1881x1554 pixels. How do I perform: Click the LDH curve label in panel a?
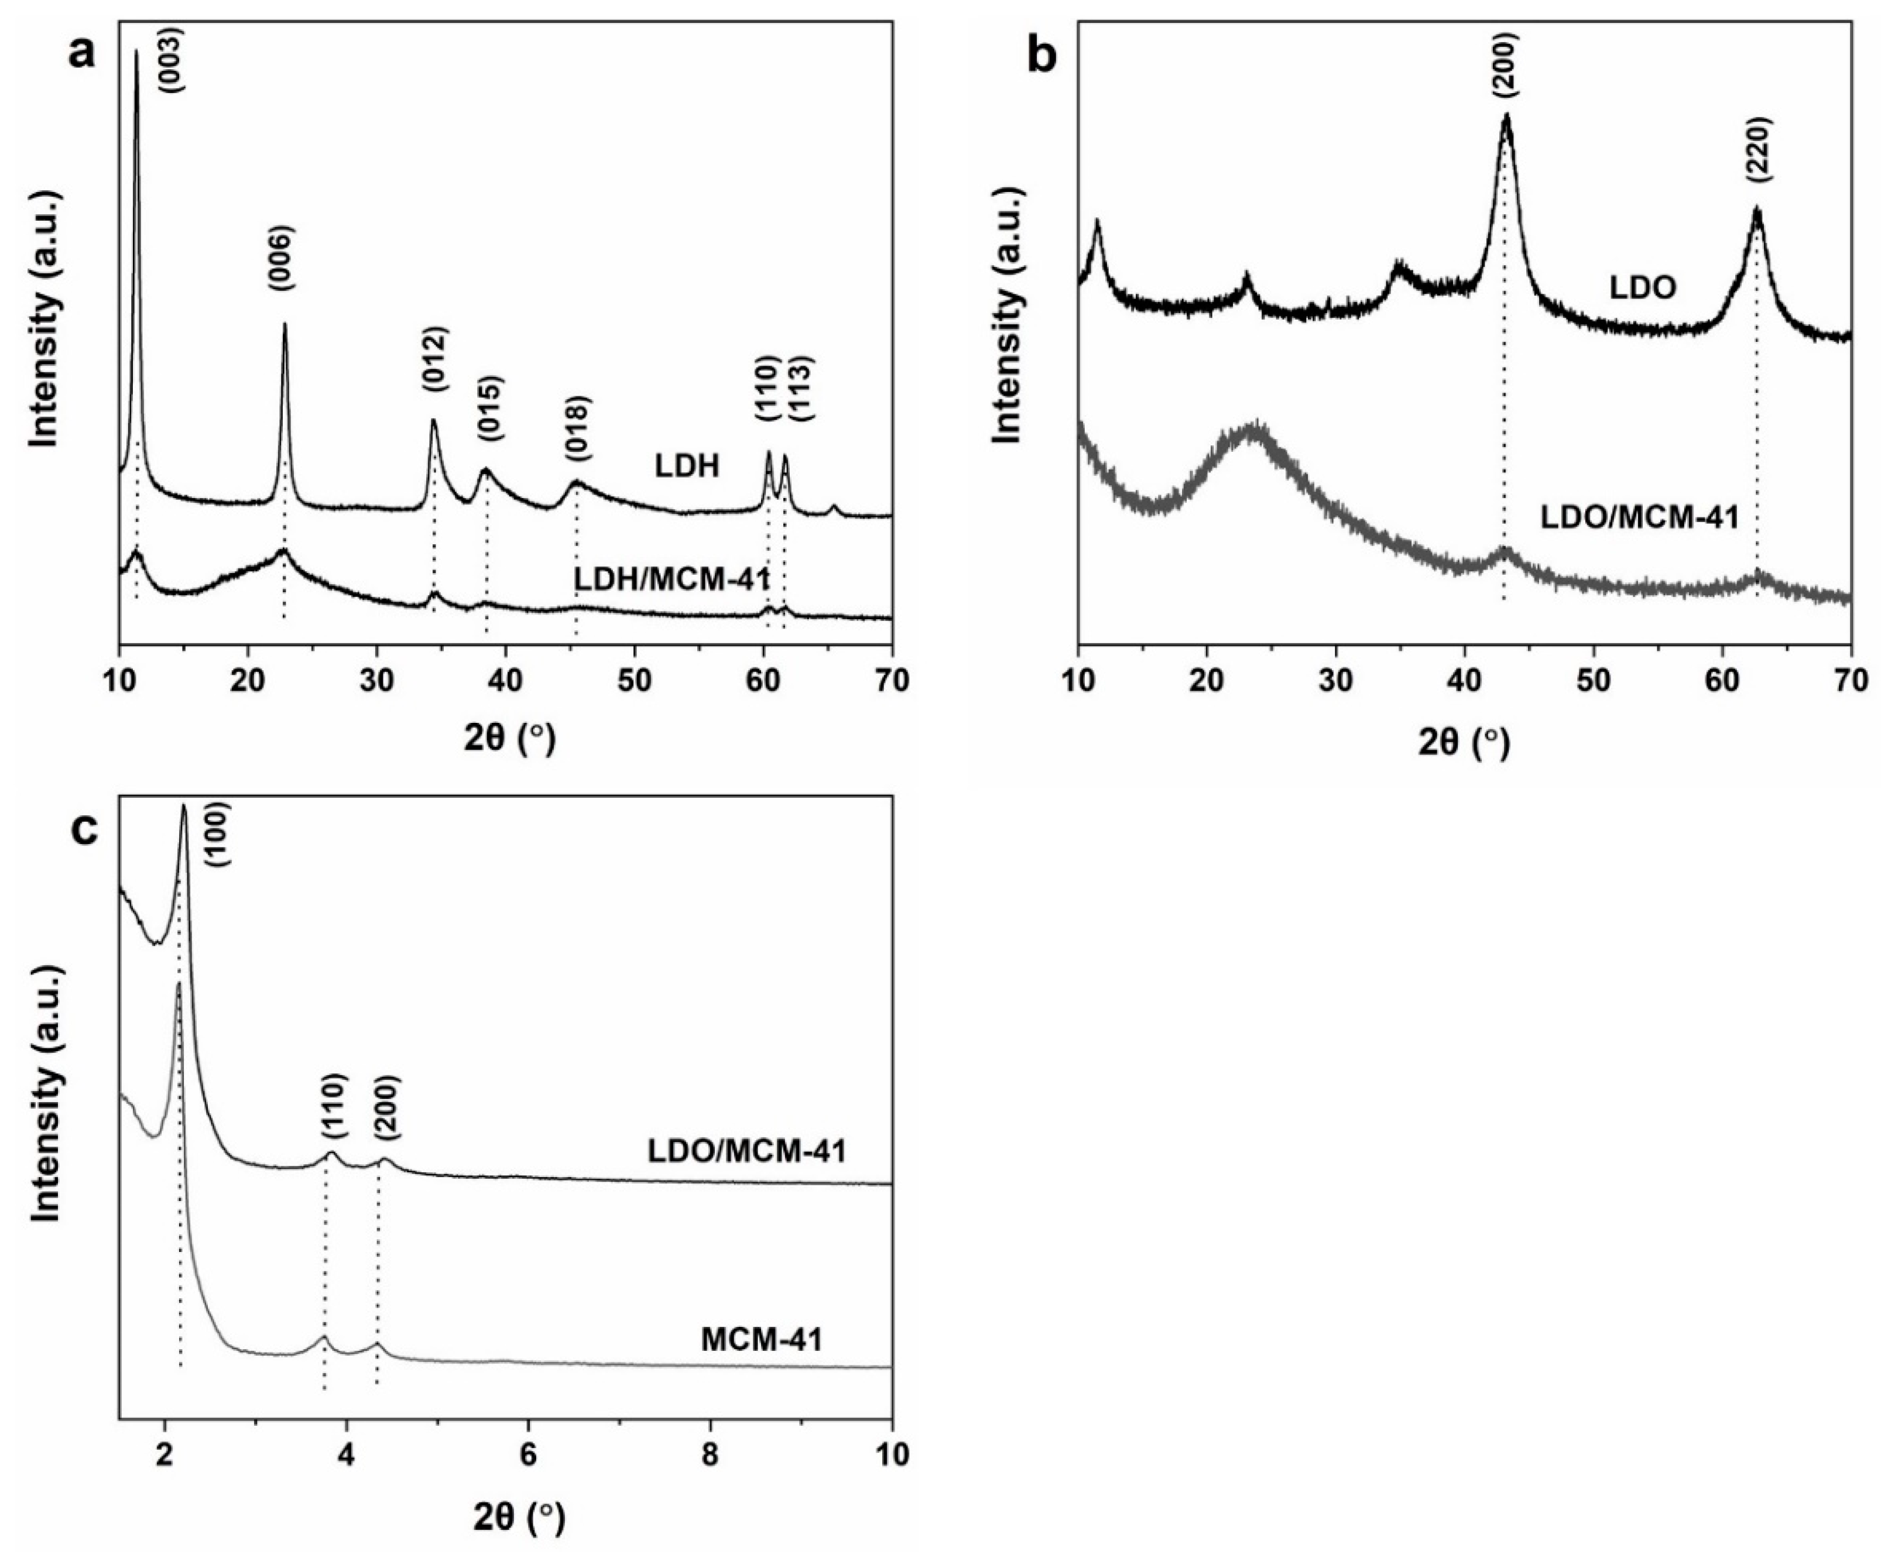pos(685,466)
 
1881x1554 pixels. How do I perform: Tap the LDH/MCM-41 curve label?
pos(671,580)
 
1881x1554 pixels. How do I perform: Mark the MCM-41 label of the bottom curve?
pos(761,1341)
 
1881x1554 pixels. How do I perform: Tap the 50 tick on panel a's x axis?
pos(634,681)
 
